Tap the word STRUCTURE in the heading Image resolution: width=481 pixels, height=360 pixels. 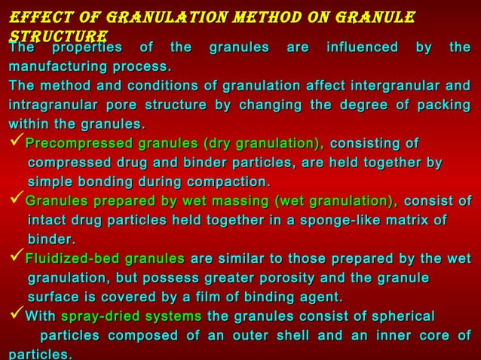click(x=57, y=35)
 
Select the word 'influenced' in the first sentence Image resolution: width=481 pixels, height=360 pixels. click(x=363, y=48)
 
